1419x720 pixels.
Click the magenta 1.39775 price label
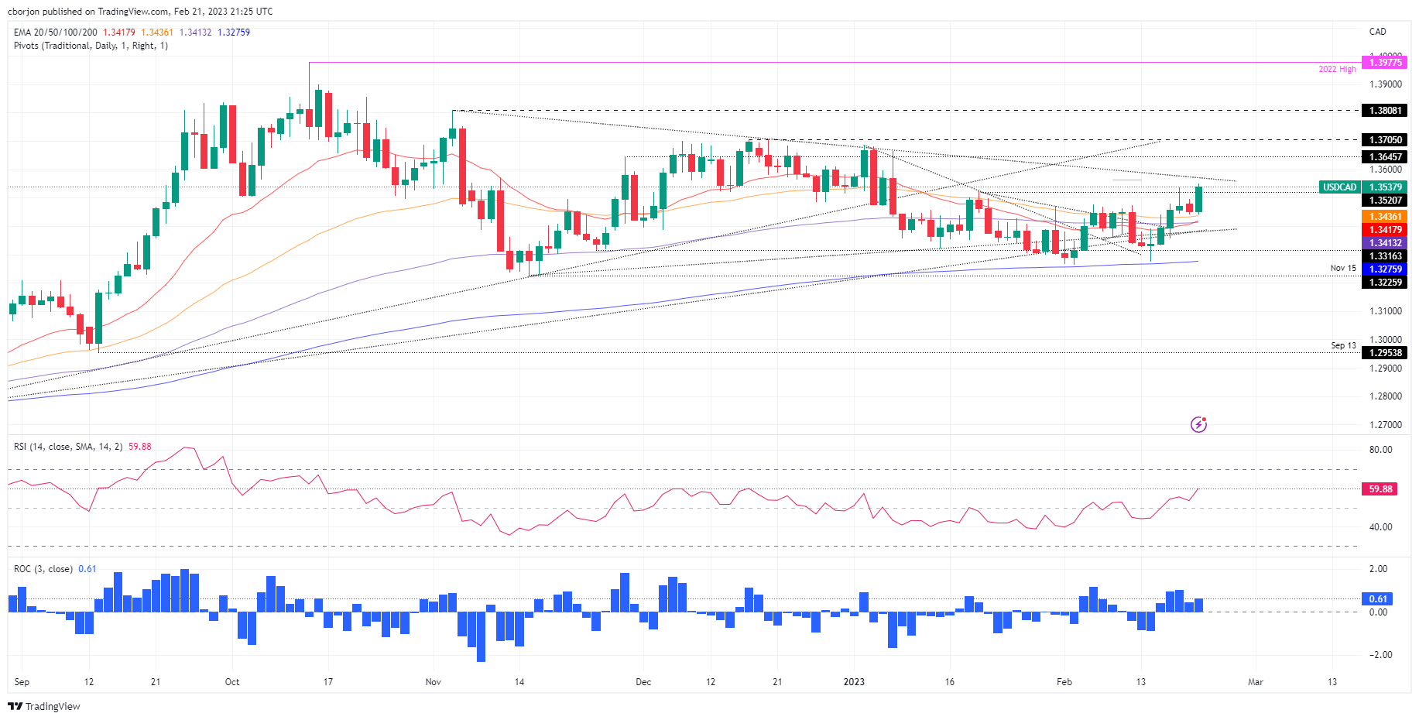pos(1385,63)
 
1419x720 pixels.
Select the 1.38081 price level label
pos(1385,111)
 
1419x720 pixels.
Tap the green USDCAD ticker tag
pos(1339,187)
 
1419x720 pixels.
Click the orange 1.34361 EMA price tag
pos(1385,217)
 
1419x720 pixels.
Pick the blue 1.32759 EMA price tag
pos(1385,269)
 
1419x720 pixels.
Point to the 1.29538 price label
pos(1385,353)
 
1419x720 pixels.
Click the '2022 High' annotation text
pos(1337,70)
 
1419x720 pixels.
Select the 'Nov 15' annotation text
pos(1343,269)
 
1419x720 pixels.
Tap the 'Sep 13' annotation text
pos(1343,346)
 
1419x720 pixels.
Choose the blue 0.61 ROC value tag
pos(1378,599)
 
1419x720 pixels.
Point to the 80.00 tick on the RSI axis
pos(1380,450)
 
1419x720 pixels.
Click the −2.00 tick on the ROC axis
pos(1380,655)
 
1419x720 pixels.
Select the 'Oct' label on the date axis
pos(232,682)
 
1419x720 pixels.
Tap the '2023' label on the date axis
pos(854,682)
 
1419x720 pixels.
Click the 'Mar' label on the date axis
pos(1255,682)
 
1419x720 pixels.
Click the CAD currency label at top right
pos(1377,32)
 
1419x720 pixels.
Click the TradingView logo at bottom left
pos(44,706)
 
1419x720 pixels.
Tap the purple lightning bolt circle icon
pos(1198,424)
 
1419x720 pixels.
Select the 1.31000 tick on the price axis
pos(1385,311)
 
